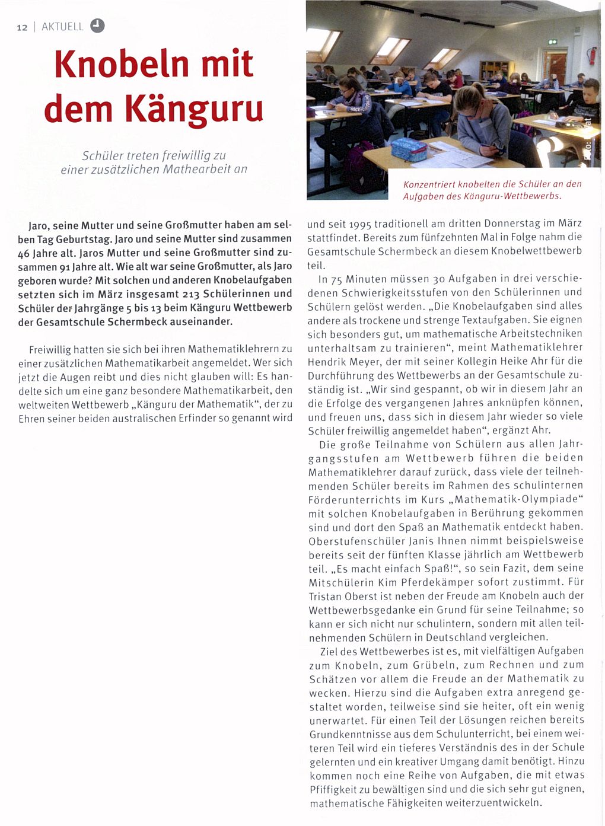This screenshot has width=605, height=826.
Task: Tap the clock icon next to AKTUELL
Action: click(97, 25)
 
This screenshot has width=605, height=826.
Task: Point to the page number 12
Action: click(22, 27)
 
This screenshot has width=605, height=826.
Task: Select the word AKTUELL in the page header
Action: click(62, 27)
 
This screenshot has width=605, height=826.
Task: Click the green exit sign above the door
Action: click(552, 42)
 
